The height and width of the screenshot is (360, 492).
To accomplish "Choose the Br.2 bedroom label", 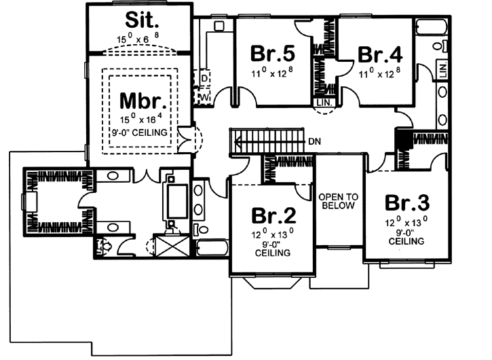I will (273, 216).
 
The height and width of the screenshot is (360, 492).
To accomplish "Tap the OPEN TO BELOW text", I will (337, 201).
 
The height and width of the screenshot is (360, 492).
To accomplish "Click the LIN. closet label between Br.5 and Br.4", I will (323, 103).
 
